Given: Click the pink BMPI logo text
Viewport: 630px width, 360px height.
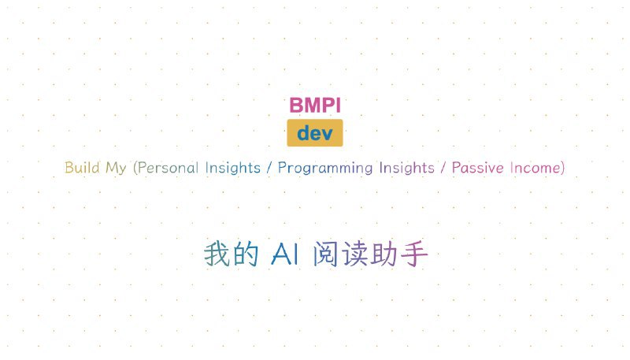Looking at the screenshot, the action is [315, 106].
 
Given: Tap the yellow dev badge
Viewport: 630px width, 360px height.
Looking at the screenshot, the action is [315, 132].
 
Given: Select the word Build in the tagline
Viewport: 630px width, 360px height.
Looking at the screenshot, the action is [83, 168].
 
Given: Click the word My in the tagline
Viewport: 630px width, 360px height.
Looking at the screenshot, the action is [116, 169].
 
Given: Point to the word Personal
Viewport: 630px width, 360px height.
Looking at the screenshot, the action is [168, 168].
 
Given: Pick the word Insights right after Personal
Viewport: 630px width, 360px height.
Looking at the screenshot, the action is [232, 168].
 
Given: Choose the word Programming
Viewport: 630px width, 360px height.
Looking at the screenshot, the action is [325, 169].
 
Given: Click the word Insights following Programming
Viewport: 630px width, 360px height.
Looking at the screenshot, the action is [407, 168].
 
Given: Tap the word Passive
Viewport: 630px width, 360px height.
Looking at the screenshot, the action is [478, 168].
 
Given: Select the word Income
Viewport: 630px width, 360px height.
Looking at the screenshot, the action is [535, 168].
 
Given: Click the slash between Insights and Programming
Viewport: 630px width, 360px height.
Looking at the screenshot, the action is [269, 168].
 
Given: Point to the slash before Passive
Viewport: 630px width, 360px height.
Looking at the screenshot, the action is [443, 168].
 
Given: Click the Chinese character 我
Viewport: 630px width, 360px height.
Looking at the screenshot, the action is [217, 254].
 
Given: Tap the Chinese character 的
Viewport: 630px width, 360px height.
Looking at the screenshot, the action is [246, 254].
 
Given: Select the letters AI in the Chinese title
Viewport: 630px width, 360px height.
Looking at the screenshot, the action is [285, 254].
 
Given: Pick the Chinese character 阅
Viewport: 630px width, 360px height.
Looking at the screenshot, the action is [325, 254].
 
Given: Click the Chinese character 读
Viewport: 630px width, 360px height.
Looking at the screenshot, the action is [355, 254].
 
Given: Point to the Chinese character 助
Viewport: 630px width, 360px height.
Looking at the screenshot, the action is [384, 254].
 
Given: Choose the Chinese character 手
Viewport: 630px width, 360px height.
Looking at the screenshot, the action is [414, 254].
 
